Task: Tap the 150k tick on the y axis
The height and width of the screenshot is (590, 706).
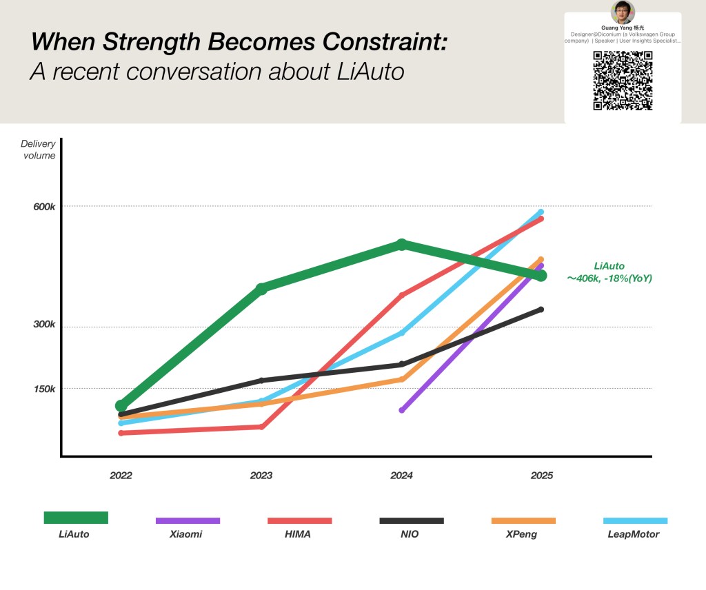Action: tap(44, 389)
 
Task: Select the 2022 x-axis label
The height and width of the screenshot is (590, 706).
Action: tap(121, 476)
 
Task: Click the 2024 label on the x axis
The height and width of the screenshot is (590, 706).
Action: tap(401, 476)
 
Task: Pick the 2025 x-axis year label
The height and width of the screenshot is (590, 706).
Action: tap(541, 476)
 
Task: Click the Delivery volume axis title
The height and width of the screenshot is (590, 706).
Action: tap(38, 150)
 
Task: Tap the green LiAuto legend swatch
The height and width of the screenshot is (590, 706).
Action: tap(76, 518)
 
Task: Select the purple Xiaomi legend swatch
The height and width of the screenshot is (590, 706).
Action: tap(188, 520)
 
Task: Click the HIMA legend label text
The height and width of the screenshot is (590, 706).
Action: tap(298, 534)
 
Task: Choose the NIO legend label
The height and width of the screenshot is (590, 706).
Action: tap(409, 534)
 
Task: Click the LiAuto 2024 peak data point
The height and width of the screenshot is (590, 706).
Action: tap(402, 245)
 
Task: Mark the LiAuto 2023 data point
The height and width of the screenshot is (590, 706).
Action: tap(261, 288)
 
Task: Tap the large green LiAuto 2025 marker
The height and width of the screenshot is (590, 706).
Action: tap(541, 276)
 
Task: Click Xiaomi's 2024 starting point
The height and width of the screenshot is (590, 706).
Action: tap(402, 410)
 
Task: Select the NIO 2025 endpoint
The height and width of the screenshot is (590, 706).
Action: tap(541, 309)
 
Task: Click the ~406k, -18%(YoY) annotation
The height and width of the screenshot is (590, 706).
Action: tap(609, 279)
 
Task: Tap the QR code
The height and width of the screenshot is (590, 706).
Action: tap(623, 80)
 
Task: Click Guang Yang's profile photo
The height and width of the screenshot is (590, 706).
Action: tap(623, 12)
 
